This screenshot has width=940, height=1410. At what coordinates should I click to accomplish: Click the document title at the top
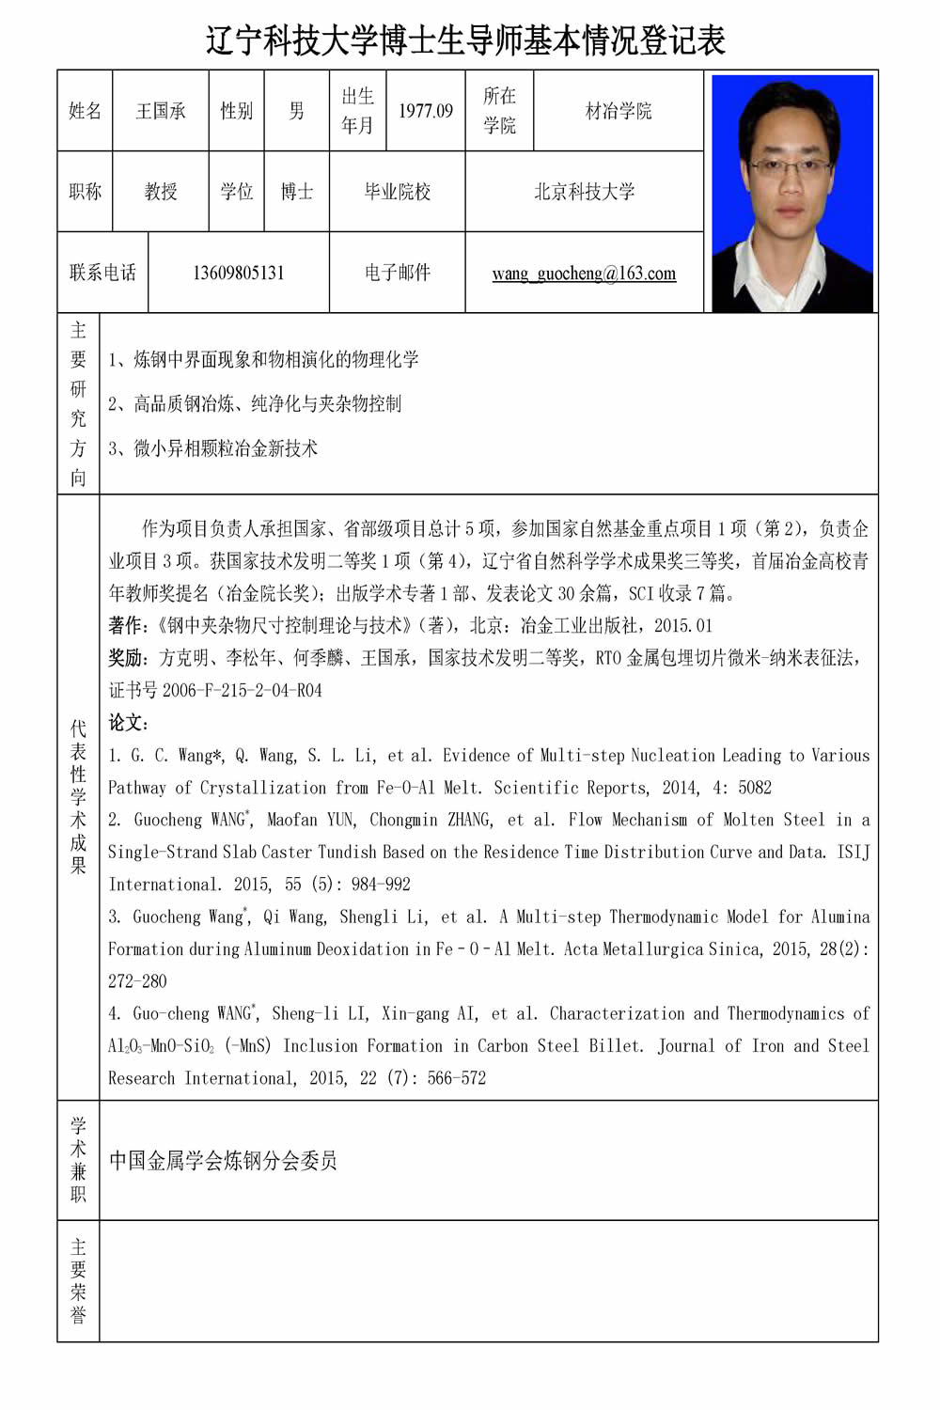coord(466,40)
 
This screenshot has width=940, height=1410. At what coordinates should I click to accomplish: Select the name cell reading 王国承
coord(161,111)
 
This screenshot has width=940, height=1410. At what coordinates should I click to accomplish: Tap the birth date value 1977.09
coord(426,111)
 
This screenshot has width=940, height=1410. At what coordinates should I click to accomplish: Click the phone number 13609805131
coord(239,273)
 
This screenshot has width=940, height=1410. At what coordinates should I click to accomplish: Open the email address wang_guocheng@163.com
coord(584,274)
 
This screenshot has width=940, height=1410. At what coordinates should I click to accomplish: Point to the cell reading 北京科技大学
coord(584,192)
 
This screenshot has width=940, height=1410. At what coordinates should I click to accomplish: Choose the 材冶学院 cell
coord(618,111)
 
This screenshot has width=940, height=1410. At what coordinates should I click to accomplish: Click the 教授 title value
coord(161,192)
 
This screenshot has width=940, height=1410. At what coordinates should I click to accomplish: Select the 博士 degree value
coord(297,192)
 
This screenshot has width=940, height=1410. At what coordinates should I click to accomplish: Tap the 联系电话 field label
coord(102,273)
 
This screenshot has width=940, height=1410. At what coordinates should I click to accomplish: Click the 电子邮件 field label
coord(397,273)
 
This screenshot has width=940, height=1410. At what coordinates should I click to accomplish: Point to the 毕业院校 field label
coord(397,192)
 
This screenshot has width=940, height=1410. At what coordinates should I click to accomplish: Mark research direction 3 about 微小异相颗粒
coord(214,448)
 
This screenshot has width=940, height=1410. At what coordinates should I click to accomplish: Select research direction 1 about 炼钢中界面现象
coord(265,359)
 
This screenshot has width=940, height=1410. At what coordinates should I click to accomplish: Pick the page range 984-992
coord(381,885)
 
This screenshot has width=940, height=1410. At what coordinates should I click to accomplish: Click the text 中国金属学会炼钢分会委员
coord(223,1161)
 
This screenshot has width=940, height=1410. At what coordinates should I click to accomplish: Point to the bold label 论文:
coord(129,723)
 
